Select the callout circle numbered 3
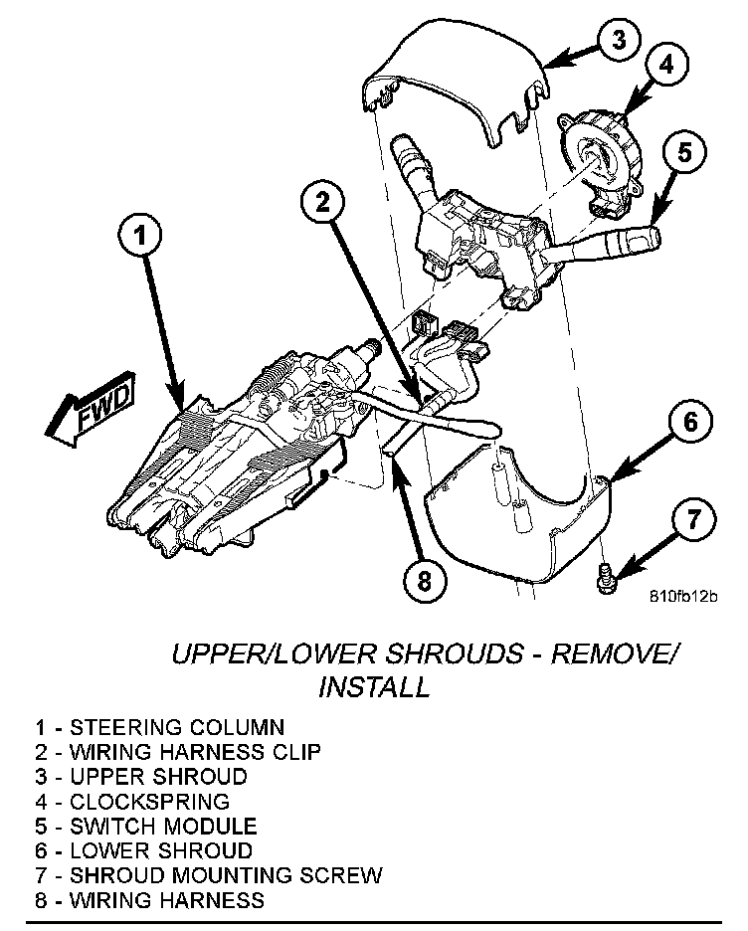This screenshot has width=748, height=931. coord(618,39)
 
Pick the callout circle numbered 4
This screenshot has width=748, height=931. coord(665,65)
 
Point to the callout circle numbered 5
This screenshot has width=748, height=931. coord(685,152)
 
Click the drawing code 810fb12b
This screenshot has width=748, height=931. coord(682,597)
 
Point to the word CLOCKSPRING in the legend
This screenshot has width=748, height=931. coord(150,802)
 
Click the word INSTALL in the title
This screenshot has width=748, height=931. coord(375,686)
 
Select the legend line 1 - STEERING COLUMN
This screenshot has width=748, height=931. coord(159,727)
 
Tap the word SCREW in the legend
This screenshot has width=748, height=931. coord(346,876)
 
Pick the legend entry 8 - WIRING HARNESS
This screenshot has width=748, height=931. coord(150,901)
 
